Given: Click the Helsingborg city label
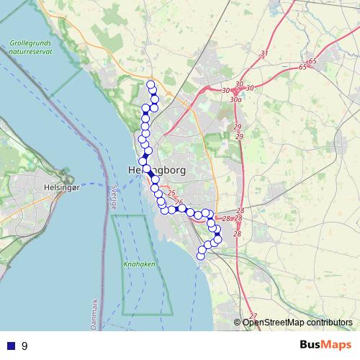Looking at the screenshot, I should pos(156,170).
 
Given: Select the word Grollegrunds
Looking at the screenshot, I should pos(30,44).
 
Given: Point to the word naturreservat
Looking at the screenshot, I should pos(30,53).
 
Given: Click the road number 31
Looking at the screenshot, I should pos(264,54).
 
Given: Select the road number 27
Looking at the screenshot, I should pos(253,316).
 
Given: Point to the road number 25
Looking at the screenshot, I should pos(171,193).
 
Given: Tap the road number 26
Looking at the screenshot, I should pos(179,202).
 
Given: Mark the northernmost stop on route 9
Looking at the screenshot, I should pos(151,86).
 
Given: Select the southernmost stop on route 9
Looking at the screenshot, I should pos(202,256).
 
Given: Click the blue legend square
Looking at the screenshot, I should pos(11,346).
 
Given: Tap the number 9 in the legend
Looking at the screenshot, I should pos(24,346).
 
